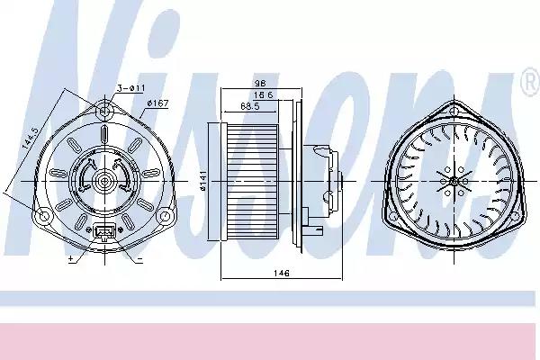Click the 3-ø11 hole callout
pos(130,88)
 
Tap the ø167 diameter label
pos(157,103)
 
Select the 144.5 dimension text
pos(30,138)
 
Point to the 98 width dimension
pos(260,83)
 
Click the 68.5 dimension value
pos(250,106)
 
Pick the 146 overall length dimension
pos(282,273)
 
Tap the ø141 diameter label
pos(202,180)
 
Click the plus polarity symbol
pos(71,258)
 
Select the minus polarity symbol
pos(139,258)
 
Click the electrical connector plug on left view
pos(103,232)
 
